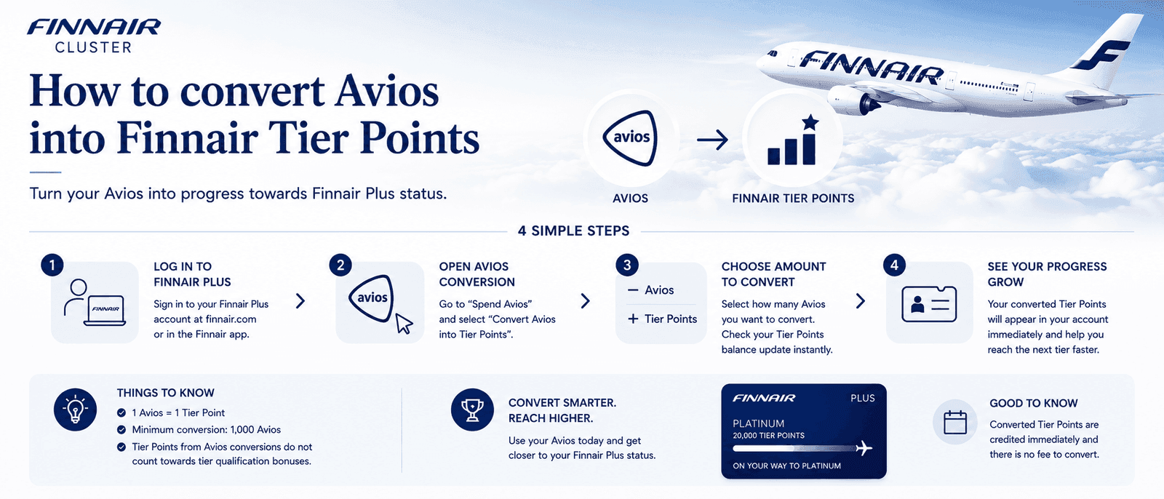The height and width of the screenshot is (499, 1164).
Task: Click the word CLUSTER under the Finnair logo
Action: [x=94, y=47]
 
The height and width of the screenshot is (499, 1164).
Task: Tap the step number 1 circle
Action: [x=52, y=266]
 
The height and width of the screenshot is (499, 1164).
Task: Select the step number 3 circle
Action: [x=627, y=266]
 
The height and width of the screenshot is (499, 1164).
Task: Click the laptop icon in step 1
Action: [x=105, y=311]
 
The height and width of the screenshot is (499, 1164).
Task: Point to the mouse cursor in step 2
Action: [x=404, y=323]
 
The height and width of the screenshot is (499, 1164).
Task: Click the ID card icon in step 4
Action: [x=929, y=304]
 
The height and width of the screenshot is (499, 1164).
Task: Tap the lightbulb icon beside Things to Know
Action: [x=76, y=410]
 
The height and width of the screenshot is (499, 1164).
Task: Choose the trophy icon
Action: [x=472, y=410]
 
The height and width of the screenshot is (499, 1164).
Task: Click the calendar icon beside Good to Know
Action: [x=955, y=422]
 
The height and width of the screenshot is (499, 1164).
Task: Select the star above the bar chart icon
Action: [x=810, y=123]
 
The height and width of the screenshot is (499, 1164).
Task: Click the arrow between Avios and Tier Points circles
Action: [x=712, y=140]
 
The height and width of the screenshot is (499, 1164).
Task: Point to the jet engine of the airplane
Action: [x=853, y=101]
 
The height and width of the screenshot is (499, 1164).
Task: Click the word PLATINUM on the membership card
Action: [x=759, y=423]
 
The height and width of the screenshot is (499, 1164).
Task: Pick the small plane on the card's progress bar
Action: [x=864, y=447]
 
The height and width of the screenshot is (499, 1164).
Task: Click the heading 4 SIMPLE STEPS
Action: [x=574, y=231]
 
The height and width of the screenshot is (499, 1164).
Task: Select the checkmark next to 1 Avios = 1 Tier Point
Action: [x=121, y=412]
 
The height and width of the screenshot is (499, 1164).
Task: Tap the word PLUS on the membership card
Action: [x=863, y=398]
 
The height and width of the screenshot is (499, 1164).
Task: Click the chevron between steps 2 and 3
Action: [x=586, y=301]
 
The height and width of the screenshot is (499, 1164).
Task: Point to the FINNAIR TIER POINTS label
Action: [x=793, y=199]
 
